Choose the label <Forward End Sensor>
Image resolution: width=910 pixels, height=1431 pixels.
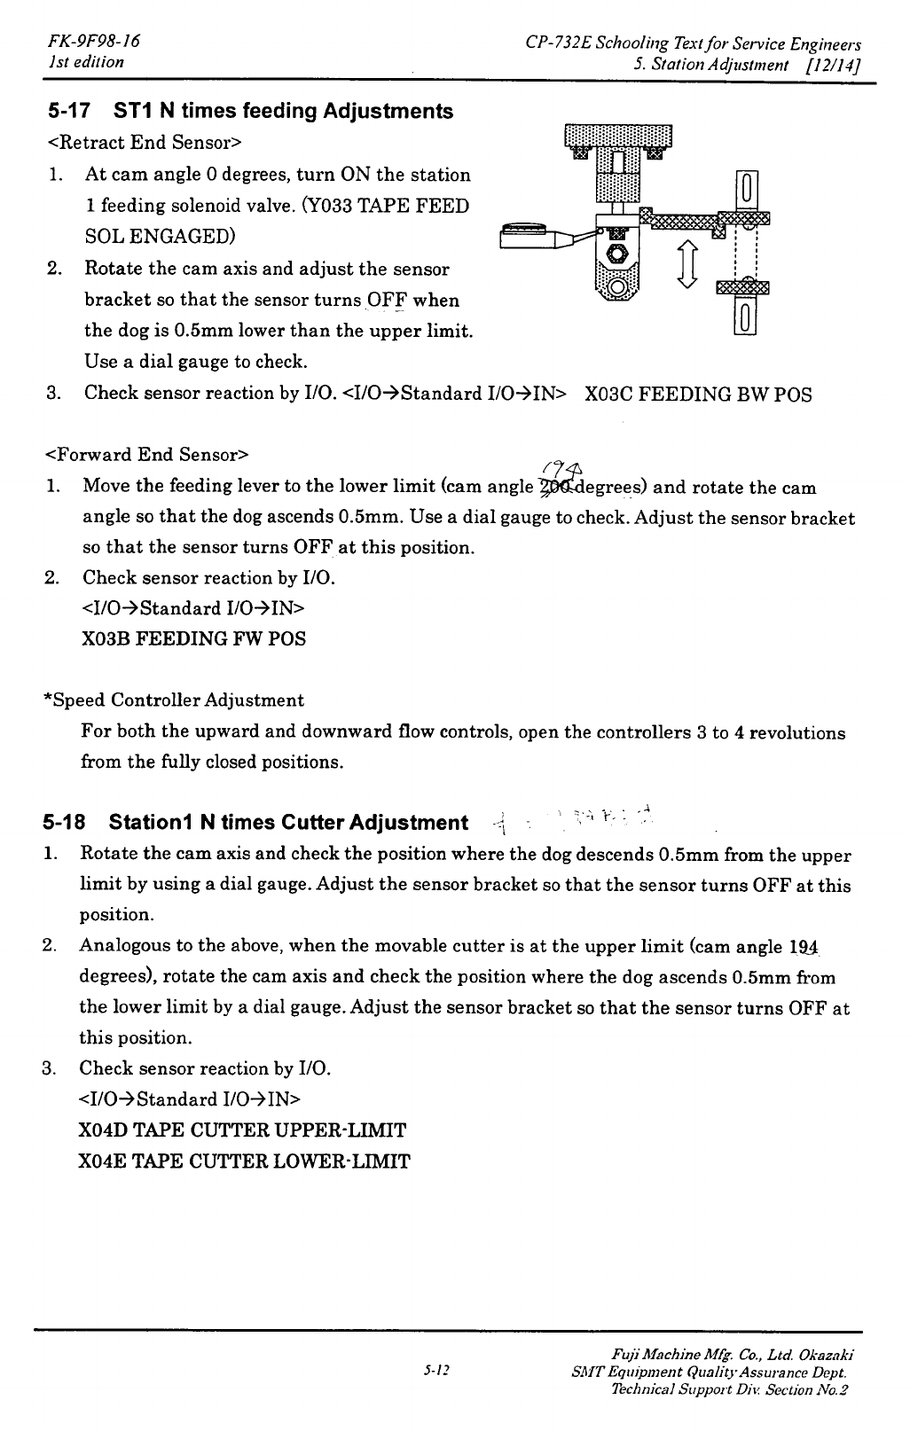146,456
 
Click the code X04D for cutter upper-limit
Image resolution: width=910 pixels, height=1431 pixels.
103,1131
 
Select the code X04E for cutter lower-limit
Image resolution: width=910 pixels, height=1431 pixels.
103,1161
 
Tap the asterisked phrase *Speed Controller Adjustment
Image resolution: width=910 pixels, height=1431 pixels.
174,700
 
